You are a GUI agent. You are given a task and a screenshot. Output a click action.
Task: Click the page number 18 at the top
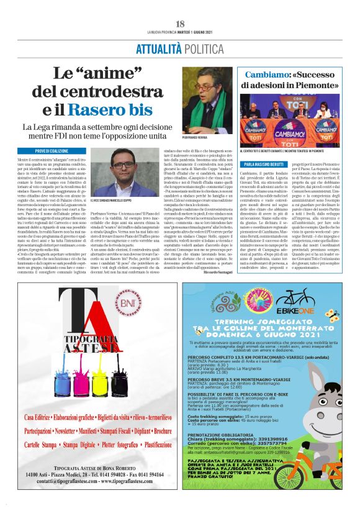179,24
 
